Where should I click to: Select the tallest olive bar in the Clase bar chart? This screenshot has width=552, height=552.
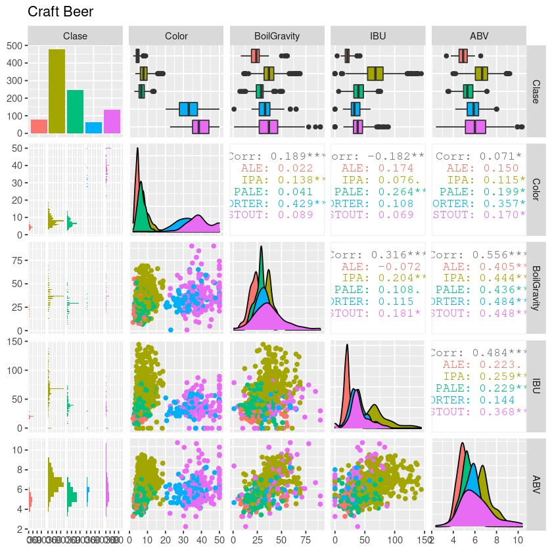pyautogui.click(x=57, y=91)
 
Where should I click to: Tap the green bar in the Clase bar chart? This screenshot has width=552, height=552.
pyautogui.click(x=76, y=112)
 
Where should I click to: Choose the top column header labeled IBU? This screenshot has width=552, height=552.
pyautogui.click(x=379, y=36)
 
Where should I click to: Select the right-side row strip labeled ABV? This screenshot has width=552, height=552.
pyautogui.click(x=536, y=485)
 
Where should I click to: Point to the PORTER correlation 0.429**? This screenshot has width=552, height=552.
pyautogui.click(x=277, y=204)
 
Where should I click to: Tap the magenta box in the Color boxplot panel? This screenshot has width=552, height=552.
pyautogui.click(x=200, y=127)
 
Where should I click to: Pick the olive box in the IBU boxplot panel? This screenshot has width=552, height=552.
pyautogui.click(x=375, y=74)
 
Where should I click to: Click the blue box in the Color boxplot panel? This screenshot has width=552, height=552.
pyautogui.click(x=189, y=109)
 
